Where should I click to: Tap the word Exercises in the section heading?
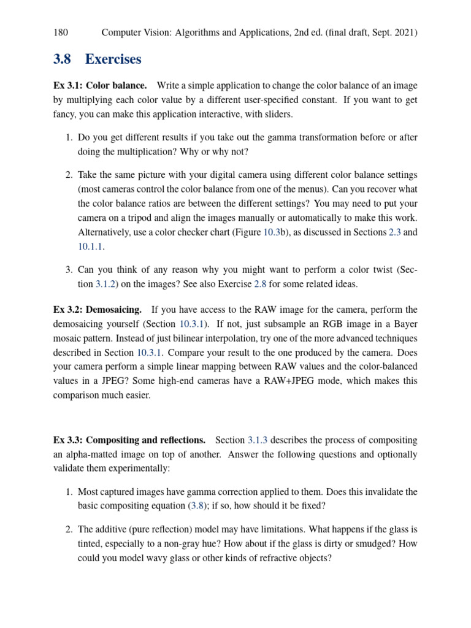[113, 59]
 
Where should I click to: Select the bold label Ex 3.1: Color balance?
[100, 85]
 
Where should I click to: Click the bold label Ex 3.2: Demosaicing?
[98, 310]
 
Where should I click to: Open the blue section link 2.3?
[395, 232]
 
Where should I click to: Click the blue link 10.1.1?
[91, 246]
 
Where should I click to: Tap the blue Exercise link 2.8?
[261, 284]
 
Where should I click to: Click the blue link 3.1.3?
[258, 440]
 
